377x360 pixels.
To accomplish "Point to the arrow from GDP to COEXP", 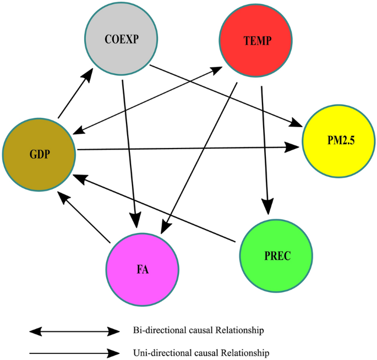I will pyautogui.click(x=75, y=97).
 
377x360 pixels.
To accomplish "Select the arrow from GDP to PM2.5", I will pyautogui.click(x=187, y=148).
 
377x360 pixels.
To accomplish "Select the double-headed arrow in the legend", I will pyautogui.click(x=74, y=331).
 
